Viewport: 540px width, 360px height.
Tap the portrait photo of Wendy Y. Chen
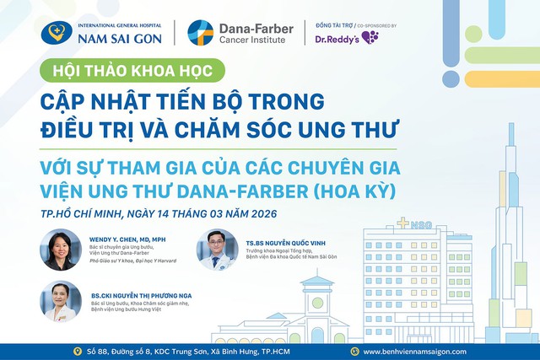62,250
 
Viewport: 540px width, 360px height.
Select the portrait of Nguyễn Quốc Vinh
218,250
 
